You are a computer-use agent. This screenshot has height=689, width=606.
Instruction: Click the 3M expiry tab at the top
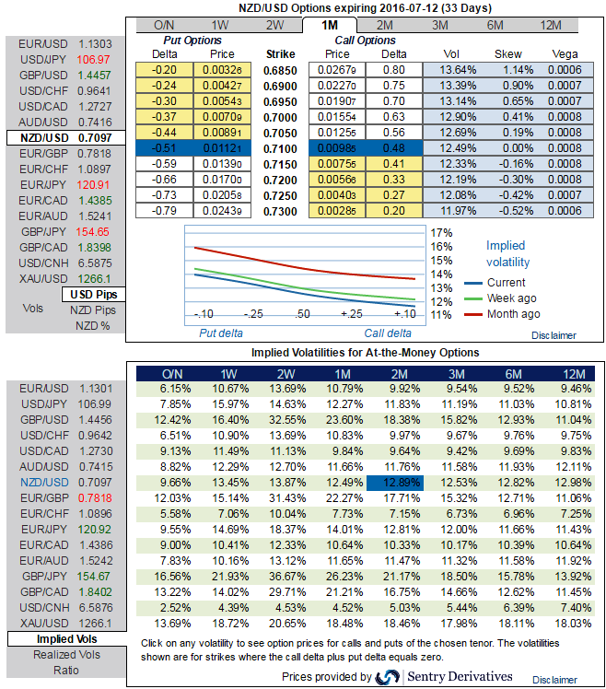441,25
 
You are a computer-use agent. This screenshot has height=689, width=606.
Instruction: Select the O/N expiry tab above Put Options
165,25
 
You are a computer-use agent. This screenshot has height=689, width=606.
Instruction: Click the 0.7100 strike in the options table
279,149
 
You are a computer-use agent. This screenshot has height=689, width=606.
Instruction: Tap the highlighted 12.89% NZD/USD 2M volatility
394,482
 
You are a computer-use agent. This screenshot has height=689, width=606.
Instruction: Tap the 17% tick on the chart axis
441,233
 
